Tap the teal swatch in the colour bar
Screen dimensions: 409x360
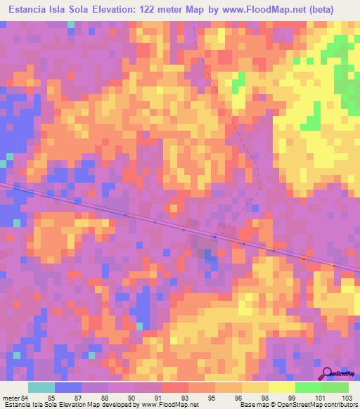41,387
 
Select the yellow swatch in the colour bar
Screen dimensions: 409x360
282,387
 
